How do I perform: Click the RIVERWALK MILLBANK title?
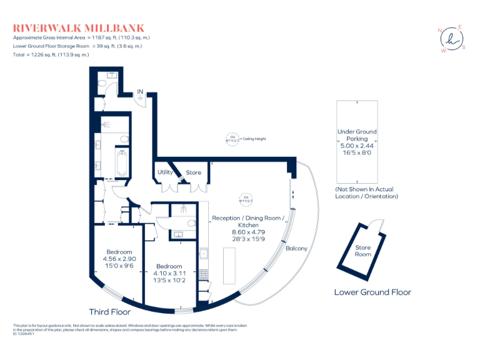point(79,28)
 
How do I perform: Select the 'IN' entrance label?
point(141,92)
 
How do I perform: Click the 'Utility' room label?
point(165,172)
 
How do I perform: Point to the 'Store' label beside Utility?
point(193,172)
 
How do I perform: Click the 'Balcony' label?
point(296,248)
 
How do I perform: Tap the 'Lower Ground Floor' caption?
point(372,292)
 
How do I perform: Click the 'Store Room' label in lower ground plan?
point(363,251)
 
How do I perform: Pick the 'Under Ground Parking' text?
point(357,136)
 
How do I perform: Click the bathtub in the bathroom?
point(122,164)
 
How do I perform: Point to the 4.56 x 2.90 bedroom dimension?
point(119,258)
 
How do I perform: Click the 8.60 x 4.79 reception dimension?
point(248,232)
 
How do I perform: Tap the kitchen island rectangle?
point(230,267)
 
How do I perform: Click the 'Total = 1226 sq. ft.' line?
point(51,54)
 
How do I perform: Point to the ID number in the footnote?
point(23,334)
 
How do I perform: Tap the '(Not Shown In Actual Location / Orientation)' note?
point(366,192)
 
